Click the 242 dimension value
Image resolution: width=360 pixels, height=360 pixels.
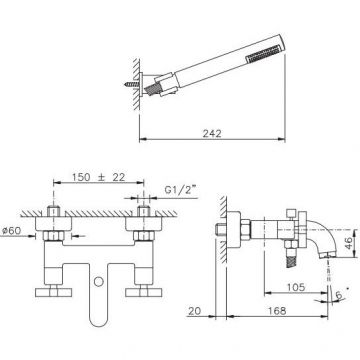pos(212,133)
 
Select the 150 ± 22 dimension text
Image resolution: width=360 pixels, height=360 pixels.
pos(98,177)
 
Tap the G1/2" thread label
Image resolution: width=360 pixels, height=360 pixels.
pos(180,190)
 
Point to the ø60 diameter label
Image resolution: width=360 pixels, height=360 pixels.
pos(10,231)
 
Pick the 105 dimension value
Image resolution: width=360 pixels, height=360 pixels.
pos(296,287)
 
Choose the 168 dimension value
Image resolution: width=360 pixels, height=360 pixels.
pos(277,311)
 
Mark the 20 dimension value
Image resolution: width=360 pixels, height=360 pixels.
pos(195,311)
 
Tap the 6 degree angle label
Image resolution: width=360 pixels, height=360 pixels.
pos(339,295)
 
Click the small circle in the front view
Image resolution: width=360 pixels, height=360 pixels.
pos(99,282)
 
